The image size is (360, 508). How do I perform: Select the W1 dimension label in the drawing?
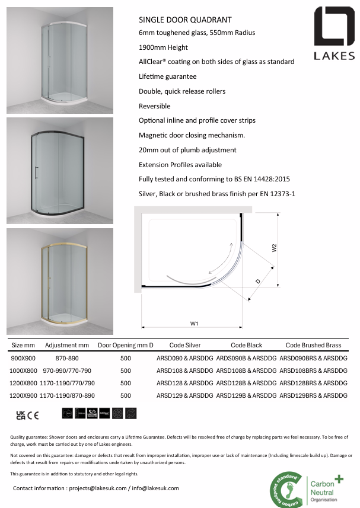(x=194, y=323)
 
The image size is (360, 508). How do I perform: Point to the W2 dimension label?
(x=274, y=248)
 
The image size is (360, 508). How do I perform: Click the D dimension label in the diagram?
(x=257, y=282)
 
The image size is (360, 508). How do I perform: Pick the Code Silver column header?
(x=184, y=345)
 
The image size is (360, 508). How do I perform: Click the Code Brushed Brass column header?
(x=313, y=345)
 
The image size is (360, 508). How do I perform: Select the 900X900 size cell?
(x=23, y=358)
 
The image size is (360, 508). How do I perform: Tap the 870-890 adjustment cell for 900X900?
(x=67, y=358)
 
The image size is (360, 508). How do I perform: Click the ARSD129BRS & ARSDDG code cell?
(x=313, y=395)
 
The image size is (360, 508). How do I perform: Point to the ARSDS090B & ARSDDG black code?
(x=247, y=358)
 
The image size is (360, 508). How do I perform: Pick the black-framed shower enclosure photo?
(x=59, y=171)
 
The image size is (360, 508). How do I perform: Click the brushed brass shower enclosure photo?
(x=59, y=282)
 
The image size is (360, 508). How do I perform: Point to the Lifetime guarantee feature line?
(x=167, y=76)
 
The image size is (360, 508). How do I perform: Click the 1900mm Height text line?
(x=163, y=47)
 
